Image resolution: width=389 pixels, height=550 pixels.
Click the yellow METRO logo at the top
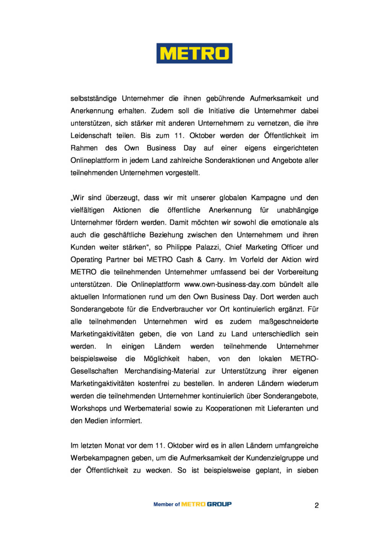coord(194,53)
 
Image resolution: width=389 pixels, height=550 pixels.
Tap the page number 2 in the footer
coord(316,505)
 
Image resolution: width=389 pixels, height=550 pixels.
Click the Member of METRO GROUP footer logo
coord(193,504)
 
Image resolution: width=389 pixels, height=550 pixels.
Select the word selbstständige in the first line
coord(94,99)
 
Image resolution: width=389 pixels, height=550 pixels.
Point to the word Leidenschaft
coord(91,136)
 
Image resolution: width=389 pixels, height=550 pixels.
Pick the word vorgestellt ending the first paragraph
coord(182,173)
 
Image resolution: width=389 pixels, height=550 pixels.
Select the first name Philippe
coord(179,247)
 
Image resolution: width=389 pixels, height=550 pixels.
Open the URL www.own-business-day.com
coord(230,285)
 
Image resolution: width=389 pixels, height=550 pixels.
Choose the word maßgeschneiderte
coord(289,322)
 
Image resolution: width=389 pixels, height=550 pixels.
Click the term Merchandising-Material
coord(162,371)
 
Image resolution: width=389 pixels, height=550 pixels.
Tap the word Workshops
coord(88,408)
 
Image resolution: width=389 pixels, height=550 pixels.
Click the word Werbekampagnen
coord(99,458)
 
